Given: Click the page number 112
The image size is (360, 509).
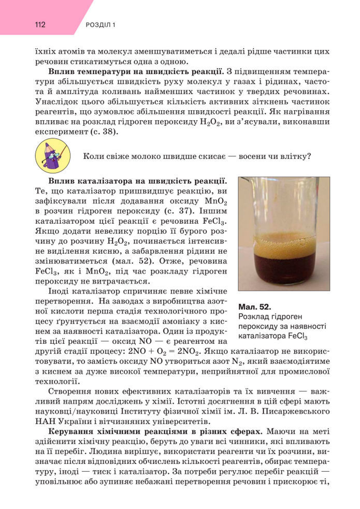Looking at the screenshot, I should click(x=41, y=25).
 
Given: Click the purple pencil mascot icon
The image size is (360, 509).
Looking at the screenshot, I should click(x=51, y=156).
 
